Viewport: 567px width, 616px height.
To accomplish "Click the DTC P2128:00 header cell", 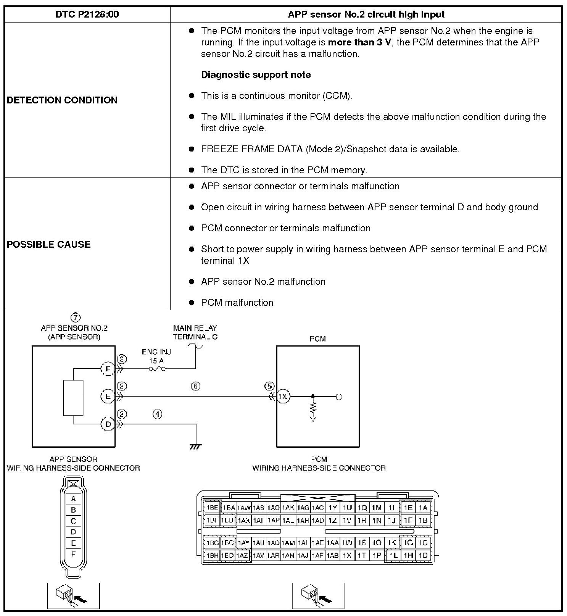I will point(87,15).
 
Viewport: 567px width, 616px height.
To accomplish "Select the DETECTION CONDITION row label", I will point(62,100).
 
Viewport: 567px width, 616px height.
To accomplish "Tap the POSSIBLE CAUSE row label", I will point(48,244).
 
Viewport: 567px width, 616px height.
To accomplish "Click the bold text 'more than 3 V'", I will point(359,42).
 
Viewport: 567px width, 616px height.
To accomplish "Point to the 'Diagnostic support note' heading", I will point(256,74).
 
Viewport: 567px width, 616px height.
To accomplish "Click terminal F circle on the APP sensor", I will point(108,369).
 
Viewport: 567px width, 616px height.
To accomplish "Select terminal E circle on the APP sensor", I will point(108,397).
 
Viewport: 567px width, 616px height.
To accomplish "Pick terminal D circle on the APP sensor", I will point(108,424).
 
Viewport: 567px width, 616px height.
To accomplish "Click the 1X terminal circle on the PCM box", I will point(283,397).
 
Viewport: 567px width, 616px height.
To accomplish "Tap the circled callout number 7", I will point(76,317).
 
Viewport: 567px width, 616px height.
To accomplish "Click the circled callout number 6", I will point(195,386).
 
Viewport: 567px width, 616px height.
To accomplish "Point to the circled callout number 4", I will point(157,414).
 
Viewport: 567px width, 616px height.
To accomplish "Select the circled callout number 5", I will point(269,386).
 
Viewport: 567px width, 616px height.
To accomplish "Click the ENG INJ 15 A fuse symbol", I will point(157,369).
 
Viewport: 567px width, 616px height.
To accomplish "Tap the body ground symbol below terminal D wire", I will point(195,446).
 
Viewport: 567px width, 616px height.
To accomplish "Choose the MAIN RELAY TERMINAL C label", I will point(195,332).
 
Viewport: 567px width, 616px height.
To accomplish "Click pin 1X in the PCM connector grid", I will point(347,556).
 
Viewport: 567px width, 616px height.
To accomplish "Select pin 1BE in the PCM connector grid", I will point(212,508).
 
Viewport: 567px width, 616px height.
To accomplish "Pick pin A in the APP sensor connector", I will point(73,498).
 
